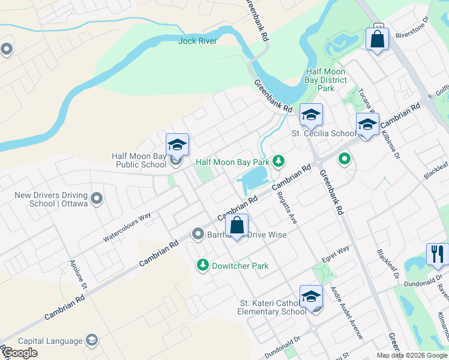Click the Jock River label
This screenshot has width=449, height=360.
tap(197, 41)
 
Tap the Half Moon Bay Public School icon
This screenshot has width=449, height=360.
tap(177, 145)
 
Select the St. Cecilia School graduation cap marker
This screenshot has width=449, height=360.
tap(311, 114)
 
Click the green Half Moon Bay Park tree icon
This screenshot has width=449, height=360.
tap(278, 161)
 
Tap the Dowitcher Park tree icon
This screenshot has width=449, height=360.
tap(203, 265)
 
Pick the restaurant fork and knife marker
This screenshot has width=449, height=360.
tap(437, 254)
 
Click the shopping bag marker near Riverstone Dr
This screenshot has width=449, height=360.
tap(377, 40)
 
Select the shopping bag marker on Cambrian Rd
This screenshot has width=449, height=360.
tap(237, 226)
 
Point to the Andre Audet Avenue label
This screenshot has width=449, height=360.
tap(347, 312)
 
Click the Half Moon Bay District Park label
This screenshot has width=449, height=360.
tap(326, 79)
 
